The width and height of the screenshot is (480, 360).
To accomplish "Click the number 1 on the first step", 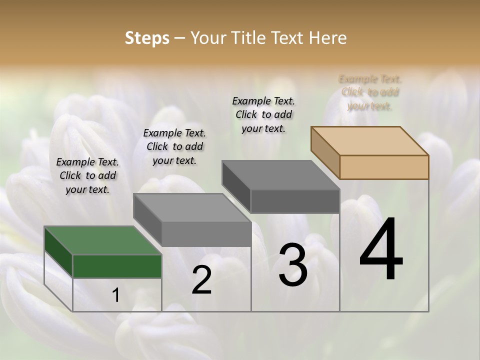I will [x=116, y=295].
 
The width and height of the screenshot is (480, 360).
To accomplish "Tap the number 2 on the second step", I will [x=201, y=280].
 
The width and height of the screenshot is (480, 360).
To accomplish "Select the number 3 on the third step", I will [x=293, y=265].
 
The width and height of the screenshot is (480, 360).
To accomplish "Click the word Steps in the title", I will [x=147, y=38].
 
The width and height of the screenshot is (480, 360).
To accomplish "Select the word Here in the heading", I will [x=328, y=38].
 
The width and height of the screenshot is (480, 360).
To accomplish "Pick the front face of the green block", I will [x=117, y=266].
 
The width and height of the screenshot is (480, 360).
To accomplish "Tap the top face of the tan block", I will [x=370, y=140].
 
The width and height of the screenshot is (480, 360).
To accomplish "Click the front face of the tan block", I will [x=384, y=167].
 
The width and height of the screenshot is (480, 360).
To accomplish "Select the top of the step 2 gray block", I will [x=192, y=207].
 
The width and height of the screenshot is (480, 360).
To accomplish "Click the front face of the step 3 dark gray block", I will [x=295, y=201].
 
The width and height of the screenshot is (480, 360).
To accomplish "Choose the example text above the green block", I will [x=87, y=175].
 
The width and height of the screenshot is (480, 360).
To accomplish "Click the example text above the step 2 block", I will [x=174, y=146].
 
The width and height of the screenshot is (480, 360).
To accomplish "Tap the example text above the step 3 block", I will [x=263, y=114].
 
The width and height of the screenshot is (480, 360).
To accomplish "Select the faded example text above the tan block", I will [x=370, y=92].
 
